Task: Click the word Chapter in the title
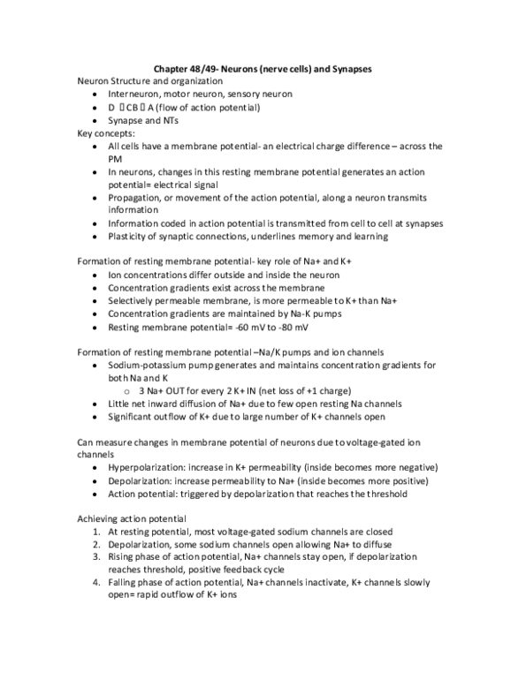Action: coord(172,68)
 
